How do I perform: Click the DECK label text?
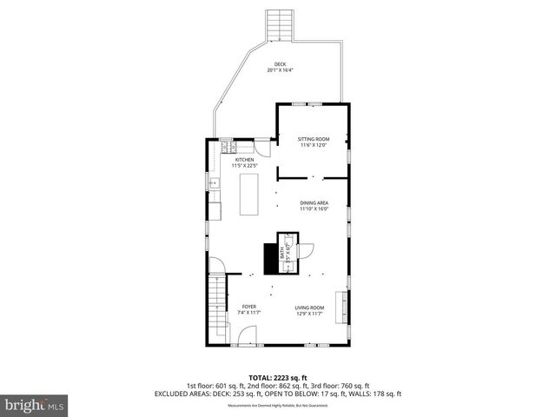(280, 63)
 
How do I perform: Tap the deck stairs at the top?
(279, 25)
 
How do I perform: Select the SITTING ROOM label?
(314, 139)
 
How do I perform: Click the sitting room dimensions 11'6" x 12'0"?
(314, 145)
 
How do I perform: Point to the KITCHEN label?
(244, 160)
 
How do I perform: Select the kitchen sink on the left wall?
(213, 183)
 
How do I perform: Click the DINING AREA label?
(314, 202)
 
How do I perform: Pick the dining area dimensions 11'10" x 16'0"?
(314, 208)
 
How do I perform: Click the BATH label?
(281, 255)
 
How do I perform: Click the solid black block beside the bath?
(269, 258)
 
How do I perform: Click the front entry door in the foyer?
(248, 335)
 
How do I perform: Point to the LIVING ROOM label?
(308, 307)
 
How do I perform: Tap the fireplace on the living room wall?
(345, 306)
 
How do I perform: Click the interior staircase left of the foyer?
(216, 308)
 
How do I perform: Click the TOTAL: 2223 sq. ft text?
(278, 378)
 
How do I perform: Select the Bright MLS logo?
(35, 404)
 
